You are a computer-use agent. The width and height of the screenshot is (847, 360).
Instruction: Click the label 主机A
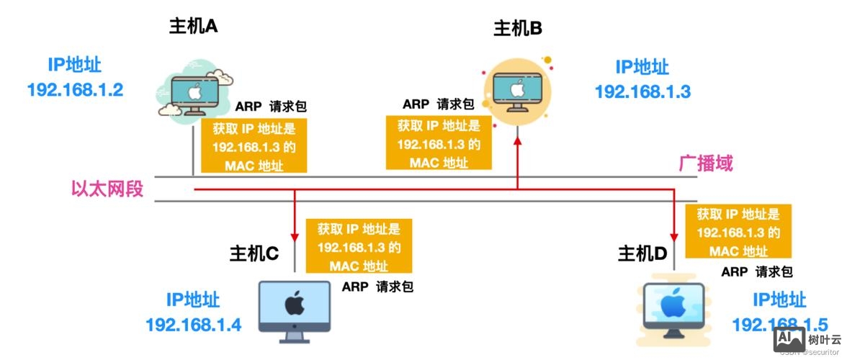coord(193,27)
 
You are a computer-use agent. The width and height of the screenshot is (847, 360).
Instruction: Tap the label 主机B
coord(517,29)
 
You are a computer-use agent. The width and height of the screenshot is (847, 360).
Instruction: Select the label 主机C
coord(254,253)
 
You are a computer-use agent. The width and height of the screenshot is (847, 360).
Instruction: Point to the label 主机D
coord(642,253)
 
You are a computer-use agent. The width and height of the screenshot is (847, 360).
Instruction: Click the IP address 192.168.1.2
coord(75,90)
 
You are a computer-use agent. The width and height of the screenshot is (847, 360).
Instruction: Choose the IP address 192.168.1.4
coord(193,325)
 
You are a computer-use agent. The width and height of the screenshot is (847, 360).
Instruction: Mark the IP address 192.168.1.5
coord(779,325)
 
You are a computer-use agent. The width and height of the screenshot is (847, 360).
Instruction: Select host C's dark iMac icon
coord(293,312)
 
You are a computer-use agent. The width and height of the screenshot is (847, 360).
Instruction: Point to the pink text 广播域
coord(706,163)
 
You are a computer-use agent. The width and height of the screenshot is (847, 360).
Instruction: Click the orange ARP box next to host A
coord(254,146)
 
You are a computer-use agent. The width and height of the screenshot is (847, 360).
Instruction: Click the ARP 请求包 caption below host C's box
coord(377,287)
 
